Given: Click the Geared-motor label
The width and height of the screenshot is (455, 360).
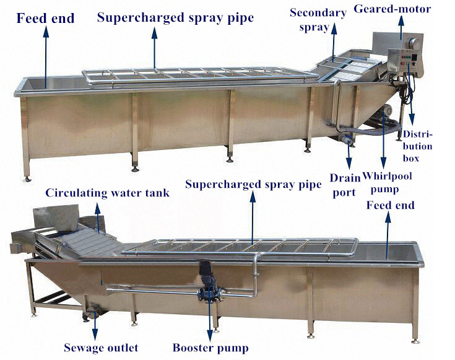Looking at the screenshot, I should pos(401,9).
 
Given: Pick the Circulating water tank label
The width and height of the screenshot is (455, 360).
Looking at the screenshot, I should pos(107,193).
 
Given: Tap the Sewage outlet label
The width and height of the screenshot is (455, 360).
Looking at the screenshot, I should pos(101,348).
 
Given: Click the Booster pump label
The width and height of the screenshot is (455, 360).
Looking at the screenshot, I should pos(210,348).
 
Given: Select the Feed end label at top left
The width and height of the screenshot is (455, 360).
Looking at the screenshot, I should pos(46,18).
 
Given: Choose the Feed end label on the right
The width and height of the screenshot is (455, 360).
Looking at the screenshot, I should pos(390,204).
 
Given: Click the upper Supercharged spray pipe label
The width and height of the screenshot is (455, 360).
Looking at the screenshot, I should pos(175,18).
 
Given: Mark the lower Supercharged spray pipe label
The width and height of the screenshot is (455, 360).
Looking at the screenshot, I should pos(253,184).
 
